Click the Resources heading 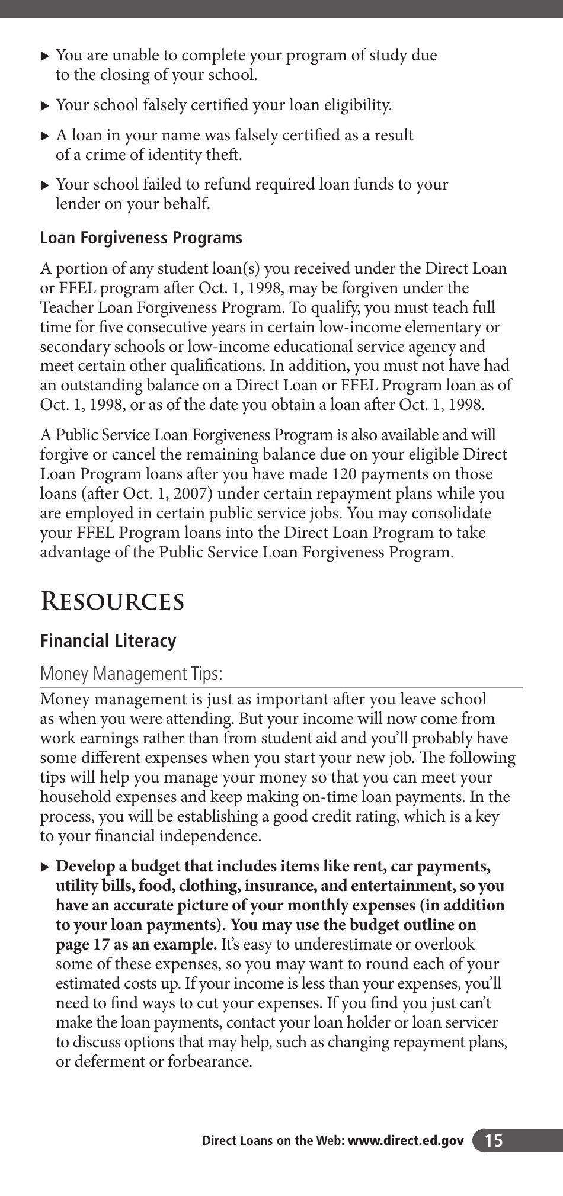click(112, 601)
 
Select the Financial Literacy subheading click(108, 641)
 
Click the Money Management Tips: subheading click(131, 674)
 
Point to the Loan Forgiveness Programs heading click(141, 238)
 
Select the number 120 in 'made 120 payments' click(343, 474)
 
